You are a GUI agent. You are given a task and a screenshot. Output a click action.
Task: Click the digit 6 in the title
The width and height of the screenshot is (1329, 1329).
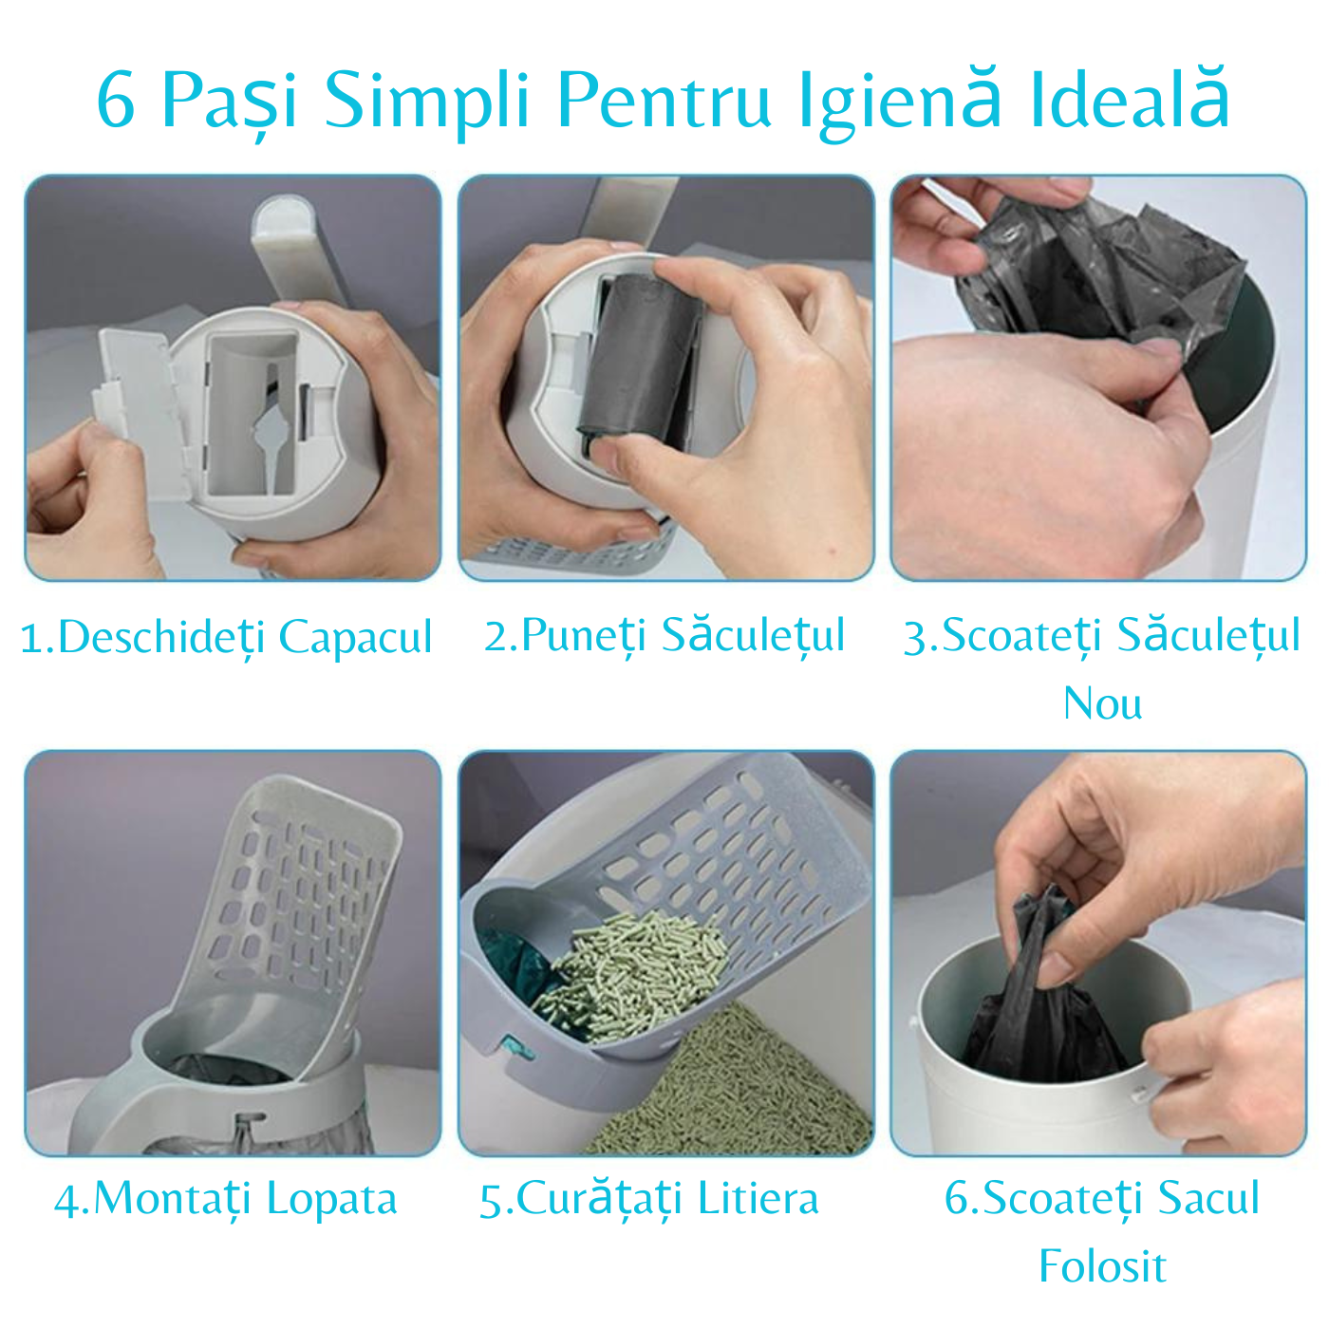pyautogui.click(x=116, y=100)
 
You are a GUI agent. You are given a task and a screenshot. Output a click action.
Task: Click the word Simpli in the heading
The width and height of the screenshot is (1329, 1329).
pyautogui.click(x=427, y=102)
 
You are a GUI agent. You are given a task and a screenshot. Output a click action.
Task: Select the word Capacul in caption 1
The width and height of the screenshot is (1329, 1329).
pyautogui.click(x=355, y=637)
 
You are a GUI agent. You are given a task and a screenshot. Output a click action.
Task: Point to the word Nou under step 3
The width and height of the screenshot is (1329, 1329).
pyautogui.click(x=1102, y=704)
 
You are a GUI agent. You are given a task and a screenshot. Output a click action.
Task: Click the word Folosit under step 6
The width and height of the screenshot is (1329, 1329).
pyautogui.click(x=1102, y=1265)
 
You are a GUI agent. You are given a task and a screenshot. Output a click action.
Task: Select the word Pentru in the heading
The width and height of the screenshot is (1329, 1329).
pyautogui.click(x=664, y=102)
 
